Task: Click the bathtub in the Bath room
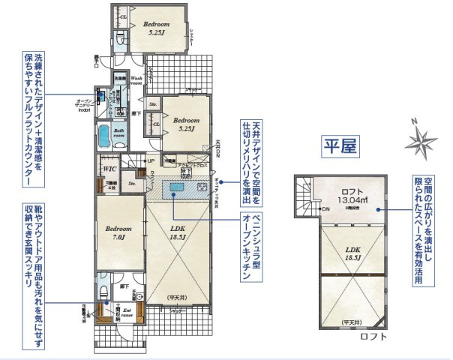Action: point(103,139)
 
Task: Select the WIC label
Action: point(109,170)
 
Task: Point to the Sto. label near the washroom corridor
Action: point(153,104)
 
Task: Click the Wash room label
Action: point(137,80)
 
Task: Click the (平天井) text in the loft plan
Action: point(350,322)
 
